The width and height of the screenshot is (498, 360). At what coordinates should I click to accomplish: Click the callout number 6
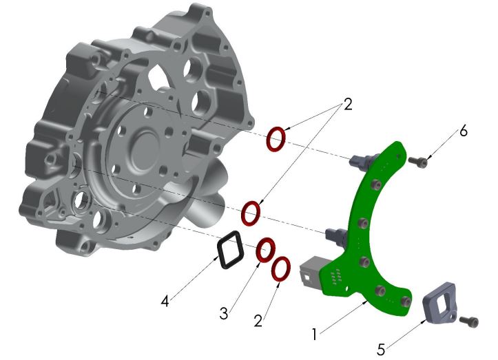[x=464, y=131]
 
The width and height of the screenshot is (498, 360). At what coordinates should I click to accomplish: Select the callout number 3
[x=223, y=313]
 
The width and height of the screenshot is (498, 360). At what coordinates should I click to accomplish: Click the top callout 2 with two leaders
[x=347, y=105]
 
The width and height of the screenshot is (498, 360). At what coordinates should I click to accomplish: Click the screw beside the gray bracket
[x=470, y=320]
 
